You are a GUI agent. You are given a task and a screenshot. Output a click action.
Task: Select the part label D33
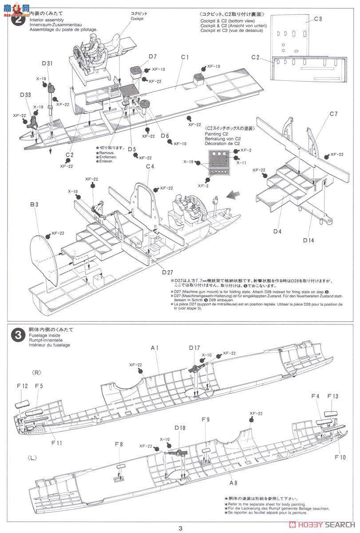pyautogui.click(x=25, y=95)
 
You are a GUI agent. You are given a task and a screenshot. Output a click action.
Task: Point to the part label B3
pyautogui.click(x=35, y=205)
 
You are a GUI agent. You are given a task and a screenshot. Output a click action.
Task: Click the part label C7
pyautogui.click(x=333, y=114)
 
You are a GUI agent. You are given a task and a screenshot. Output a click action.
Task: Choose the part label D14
pyautogui.click(x=309, y=240)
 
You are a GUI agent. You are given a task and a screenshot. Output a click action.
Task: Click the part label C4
pyautogui.click(x=150, y=167)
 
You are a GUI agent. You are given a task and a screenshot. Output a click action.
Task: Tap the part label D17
pyautogui.click(x=194, y=348)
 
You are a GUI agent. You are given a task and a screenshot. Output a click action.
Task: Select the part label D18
pyautogui.click(x=180, y=428)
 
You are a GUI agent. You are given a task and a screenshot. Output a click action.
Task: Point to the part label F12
pyautogui.click(x=23, y=386)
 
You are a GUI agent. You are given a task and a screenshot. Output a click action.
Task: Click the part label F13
pyautogui.click(x=332, y=396)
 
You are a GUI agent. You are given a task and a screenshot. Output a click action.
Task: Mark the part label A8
pyautogui.click(x=233, y=483)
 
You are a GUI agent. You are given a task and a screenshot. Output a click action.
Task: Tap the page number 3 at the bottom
pyautogui.click(x=180, y=528)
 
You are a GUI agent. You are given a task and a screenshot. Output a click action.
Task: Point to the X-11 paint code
pyautogui.click(x=241, y=163)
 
